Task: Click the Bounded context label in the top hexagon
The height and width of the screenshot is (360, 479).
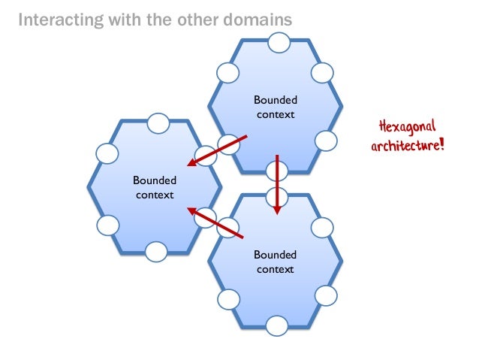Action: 276,107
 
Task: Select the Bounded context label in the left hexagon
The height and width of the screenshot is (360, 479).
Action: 155,187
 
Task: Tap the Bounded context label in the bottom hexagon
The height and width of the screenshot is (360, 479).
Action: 276,262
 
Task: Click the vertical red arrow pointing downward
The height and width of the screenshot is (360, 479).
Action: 277,184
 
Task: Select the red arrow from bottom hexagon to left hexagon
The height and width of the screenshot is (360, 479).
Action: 215,223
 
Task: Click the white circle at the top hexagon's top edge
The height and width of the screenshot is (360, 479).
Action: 276,42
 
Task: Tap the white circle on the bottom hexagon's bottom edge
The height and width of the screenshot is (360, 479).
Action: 276,325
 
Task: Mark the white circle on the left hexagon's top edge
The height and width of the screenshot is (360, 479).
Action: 158,122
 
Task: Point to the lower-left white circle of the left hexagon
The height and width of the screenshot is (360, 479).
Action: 108,225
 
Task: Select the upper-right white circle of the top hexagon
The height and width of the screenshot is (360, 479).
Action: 321,72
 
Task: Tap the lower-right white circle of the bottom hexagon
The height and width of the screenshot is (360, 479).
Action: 325,294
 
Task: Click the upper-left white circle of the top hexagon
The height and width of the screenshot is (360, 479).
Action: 227,72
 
